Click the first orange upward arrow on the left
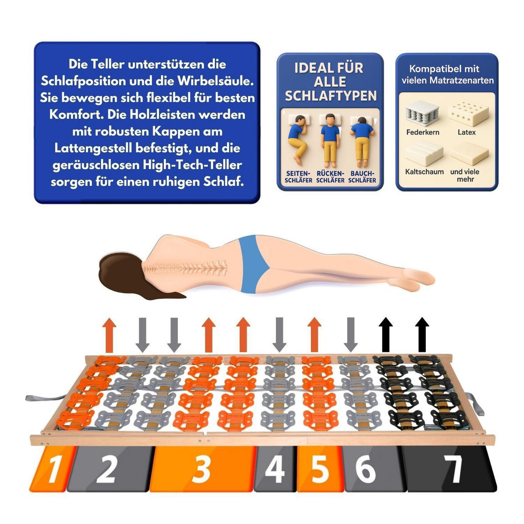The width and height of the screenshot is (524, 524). [109, 335]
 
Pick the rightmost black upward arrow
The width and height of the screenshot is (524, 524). [422, 335]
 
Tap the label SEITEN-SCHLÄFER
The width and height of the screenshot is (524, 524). [298, 177]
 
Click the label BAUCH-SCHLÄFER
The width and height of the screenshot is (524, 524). [362, 177]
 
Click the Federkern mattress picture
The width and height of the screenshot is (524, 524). [422, 113]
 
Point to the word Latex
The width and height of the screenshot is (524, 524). [467, 132]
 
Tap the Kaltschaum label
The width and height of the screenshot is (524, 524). [424, 172]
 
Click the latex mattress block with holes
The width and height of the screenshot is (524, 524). [468, 114]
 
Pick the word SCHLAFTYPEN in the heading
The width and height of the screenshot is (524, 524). [331, 96]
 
